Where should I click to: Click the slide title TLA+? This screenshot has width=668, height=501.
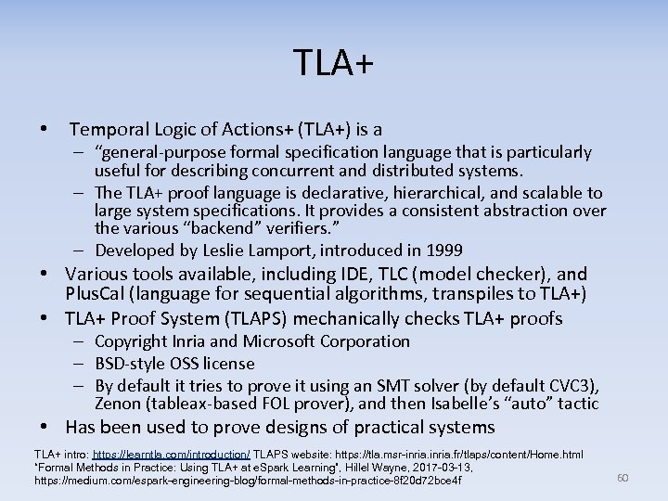(x=334, y=63)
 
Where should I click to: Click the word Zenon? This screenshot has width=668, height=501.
(x=119, y=404)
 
